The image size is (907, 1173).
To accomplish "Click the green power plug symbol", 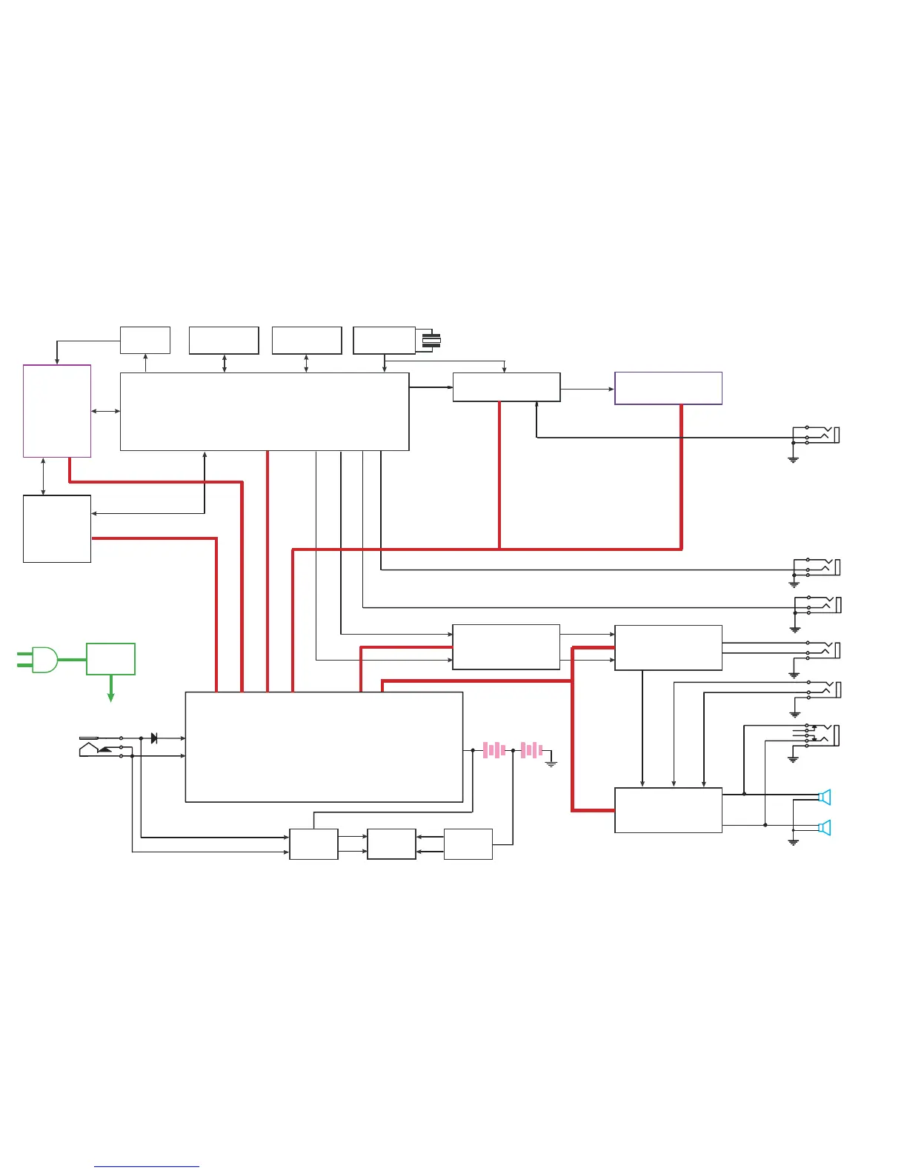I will pos(41,659).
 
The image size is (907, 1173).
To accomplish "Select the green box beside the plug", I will pos(110,658).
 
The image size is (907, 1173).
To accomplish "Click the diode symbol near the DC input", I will pos(153,738).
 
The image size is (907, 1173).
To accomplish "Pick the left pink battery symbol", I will pos(494,750).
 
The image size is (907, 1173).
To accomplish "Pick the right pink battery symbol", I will pos(531,750).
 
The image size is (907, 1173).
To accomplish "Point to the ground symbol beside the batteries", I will pos(551,762).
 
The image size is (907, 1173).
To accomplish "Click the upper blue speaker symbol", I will pos(824,797).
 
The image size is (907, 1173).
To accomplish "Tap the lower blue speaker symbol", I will pos(824,827).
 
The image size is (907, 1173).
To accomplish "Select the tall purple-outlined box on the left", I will pos(57,410).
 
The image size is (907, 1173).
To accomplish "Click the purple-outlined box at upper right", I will pos(668,388).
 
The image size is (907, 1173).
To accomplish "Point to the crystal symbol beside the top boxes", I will pos(431,341).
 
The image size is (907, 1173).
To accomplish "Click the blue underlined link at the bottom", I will pos(147,1166).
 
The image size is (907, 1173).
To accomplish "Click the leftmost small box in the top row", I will pos(145,340).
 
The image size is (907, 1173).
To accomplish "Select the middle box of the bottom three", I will pos(391,843).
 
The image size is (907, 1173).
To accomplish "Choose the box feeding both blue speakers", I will pos(668,809).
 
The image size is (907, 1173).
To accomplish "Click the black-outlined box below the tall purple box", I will pos(57,529).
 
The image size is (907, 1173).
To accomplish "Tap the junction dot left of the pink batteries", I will pos(473,750).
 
